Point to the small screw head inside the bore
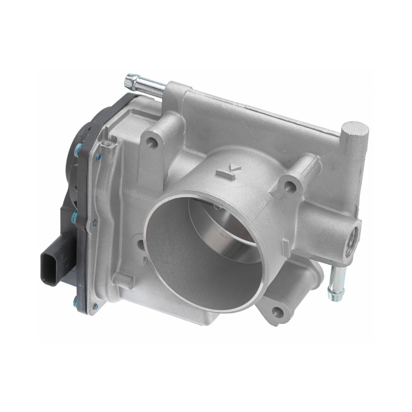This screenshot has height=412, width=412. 217,208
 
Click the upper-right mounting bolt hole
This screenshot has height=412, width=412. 292,186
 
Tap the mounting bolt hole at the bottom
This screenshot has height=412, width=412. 278,311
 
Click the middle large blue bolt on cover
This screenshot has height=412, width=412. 75,217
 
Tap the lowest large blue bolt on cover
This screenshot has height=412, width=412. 76,302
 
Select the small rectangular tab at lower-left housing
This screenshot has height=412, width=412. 124,280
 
